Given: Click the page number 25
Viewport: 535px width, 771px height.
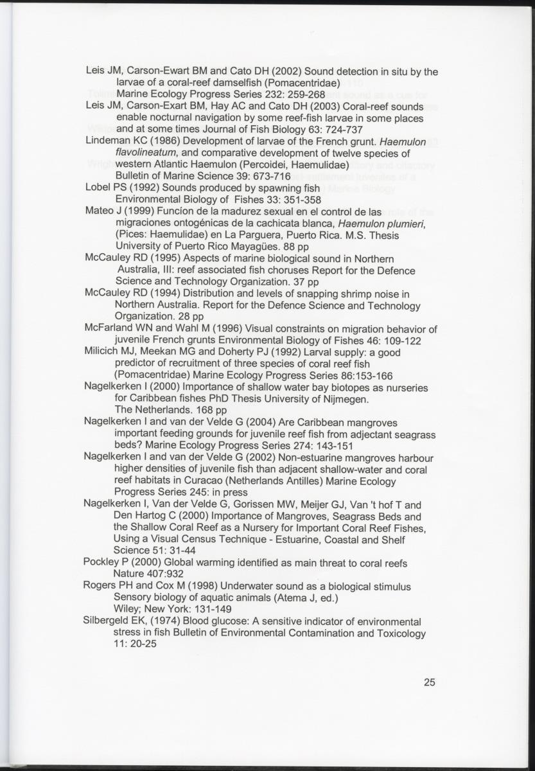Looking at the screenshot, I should coord(430,682).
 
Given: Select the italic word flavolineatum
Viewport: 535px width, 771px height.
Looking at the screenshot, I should coord(146,154).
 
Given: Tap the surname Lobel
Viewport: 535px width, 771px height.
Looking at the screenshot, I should coord(98,188).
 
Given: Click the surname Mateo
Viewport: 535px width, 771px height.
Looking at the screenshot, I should coord(99,212).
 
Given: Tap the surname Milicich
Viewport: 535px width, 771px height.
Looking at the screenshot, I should coord(104,352).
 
